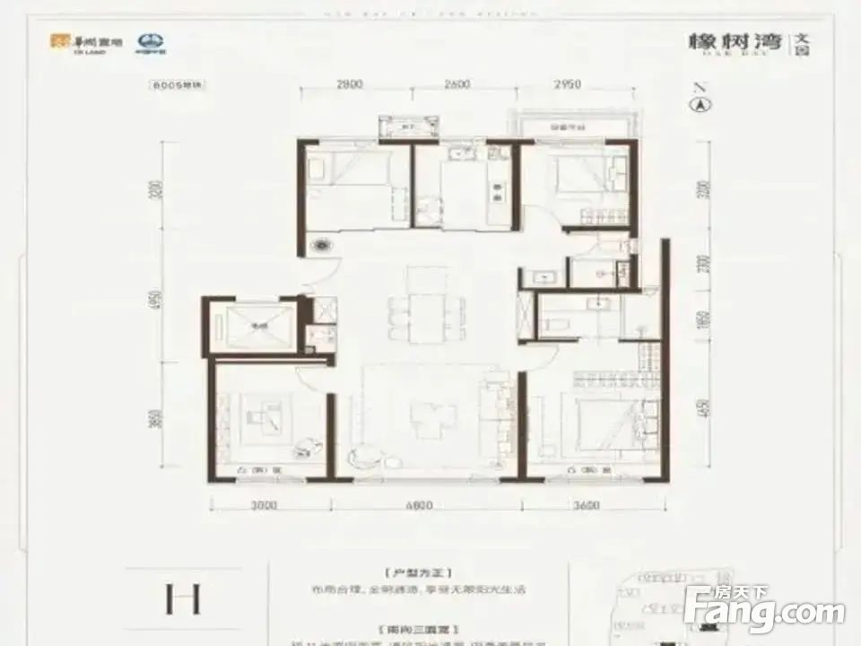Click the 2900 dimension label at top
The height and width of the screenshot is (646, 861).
coord(350,84)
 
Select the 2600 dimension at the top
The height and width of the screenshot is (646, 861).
coord(457,84)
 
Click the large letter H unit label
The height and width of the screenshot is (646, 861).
coord(182,598)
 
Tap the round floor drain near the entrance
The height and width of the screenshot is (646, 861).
coord(321,243)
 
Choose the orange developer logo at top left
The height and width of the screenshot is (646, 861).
coord(60,41)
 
